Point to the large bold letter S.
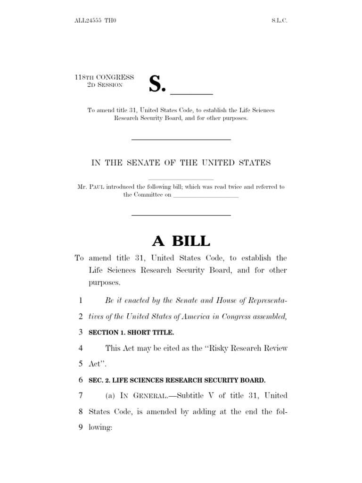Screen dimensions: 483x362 (x=158, y=83)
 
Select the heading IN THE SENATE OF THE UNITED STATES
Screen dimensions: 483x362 (x=181, y=163)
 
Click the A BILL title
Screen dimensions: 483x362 (x=181, y=241)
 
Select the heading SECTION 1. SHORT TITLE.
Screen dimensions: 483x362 (x=131, y=333)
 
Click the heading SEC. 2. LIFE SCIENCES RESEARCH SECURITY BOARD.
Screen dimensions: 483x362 (x=177, y=380)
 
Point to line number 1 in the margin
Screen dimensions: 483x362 (x=81, y=300)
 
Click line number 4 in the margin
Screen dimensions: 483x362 (x=81, y=349)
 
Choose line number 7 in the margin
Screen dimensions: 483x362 (x=81, y=396)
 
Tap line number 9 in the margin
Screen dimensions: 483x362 (x=81, y=428)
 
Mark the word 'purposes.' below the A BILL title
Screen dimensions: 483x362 (x=105, y=283)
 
